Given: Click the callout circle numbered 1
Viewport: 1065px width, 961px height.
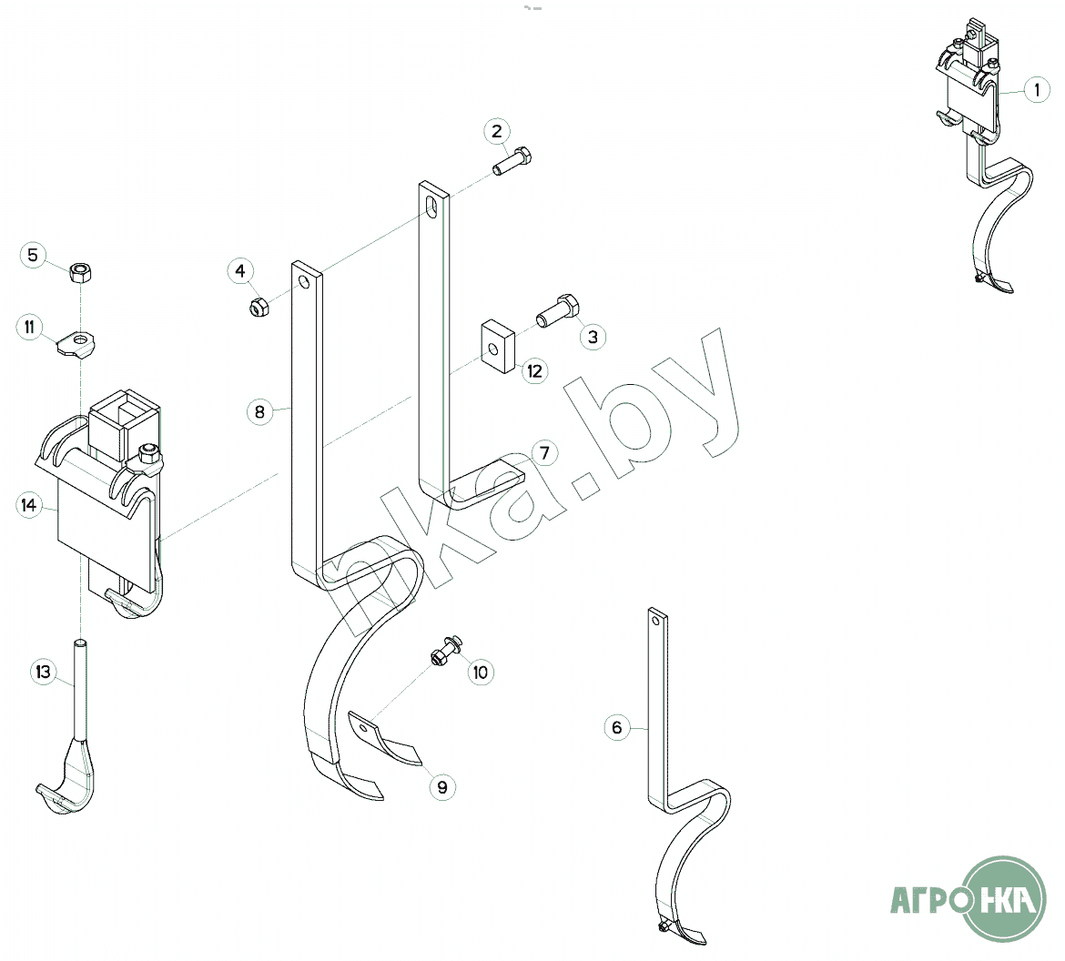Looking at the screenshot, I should pyautogui.click(x=1037, y=90).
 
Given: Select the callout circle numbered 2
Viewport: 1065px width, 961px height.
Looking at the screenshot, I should pyautogui.click(x=497, y=131).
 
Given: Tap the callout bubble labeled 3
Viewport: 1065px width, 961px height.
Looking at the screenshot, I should pyautogui.click(x=593, y=337).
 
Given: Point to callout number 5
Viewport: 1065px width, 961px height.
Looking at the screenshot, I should pyautogui.click(x=33, y=255).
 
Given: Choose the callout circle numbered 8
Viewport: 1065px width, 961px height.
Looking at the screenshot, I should pyautogui.click(x=259, y=412).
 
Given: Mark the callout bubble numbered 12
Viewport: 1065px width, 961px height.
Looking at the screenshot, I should pyautogui.click(x=534, y=370).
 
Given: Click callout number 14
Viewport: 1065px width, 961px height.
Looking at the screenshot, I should pyautogui.click(x=30, y=505).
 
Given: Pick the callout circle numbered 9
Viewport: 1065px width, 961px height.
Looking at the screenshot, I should pyautogui.click(x=443, y=787).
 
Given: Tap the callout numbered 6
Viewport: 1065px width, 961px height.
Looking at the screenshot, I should pyautogui.click(x=617, y=727).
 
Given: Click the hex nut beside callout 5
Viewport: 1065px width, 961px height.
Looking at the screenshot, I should pyautogui.click(x=81, y=270).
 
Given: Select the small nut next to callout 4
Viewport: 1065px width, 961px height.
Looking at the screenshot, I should pyautogui.click(x=258, y=307).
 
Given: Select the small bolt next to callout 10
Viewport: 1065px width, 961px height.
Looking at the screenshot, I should pyautogui.click(x=446, y=652).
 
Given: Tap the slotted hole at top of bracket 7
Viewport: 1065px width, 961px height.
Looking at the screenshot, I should pyautogui.click(x=432, y=206).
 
